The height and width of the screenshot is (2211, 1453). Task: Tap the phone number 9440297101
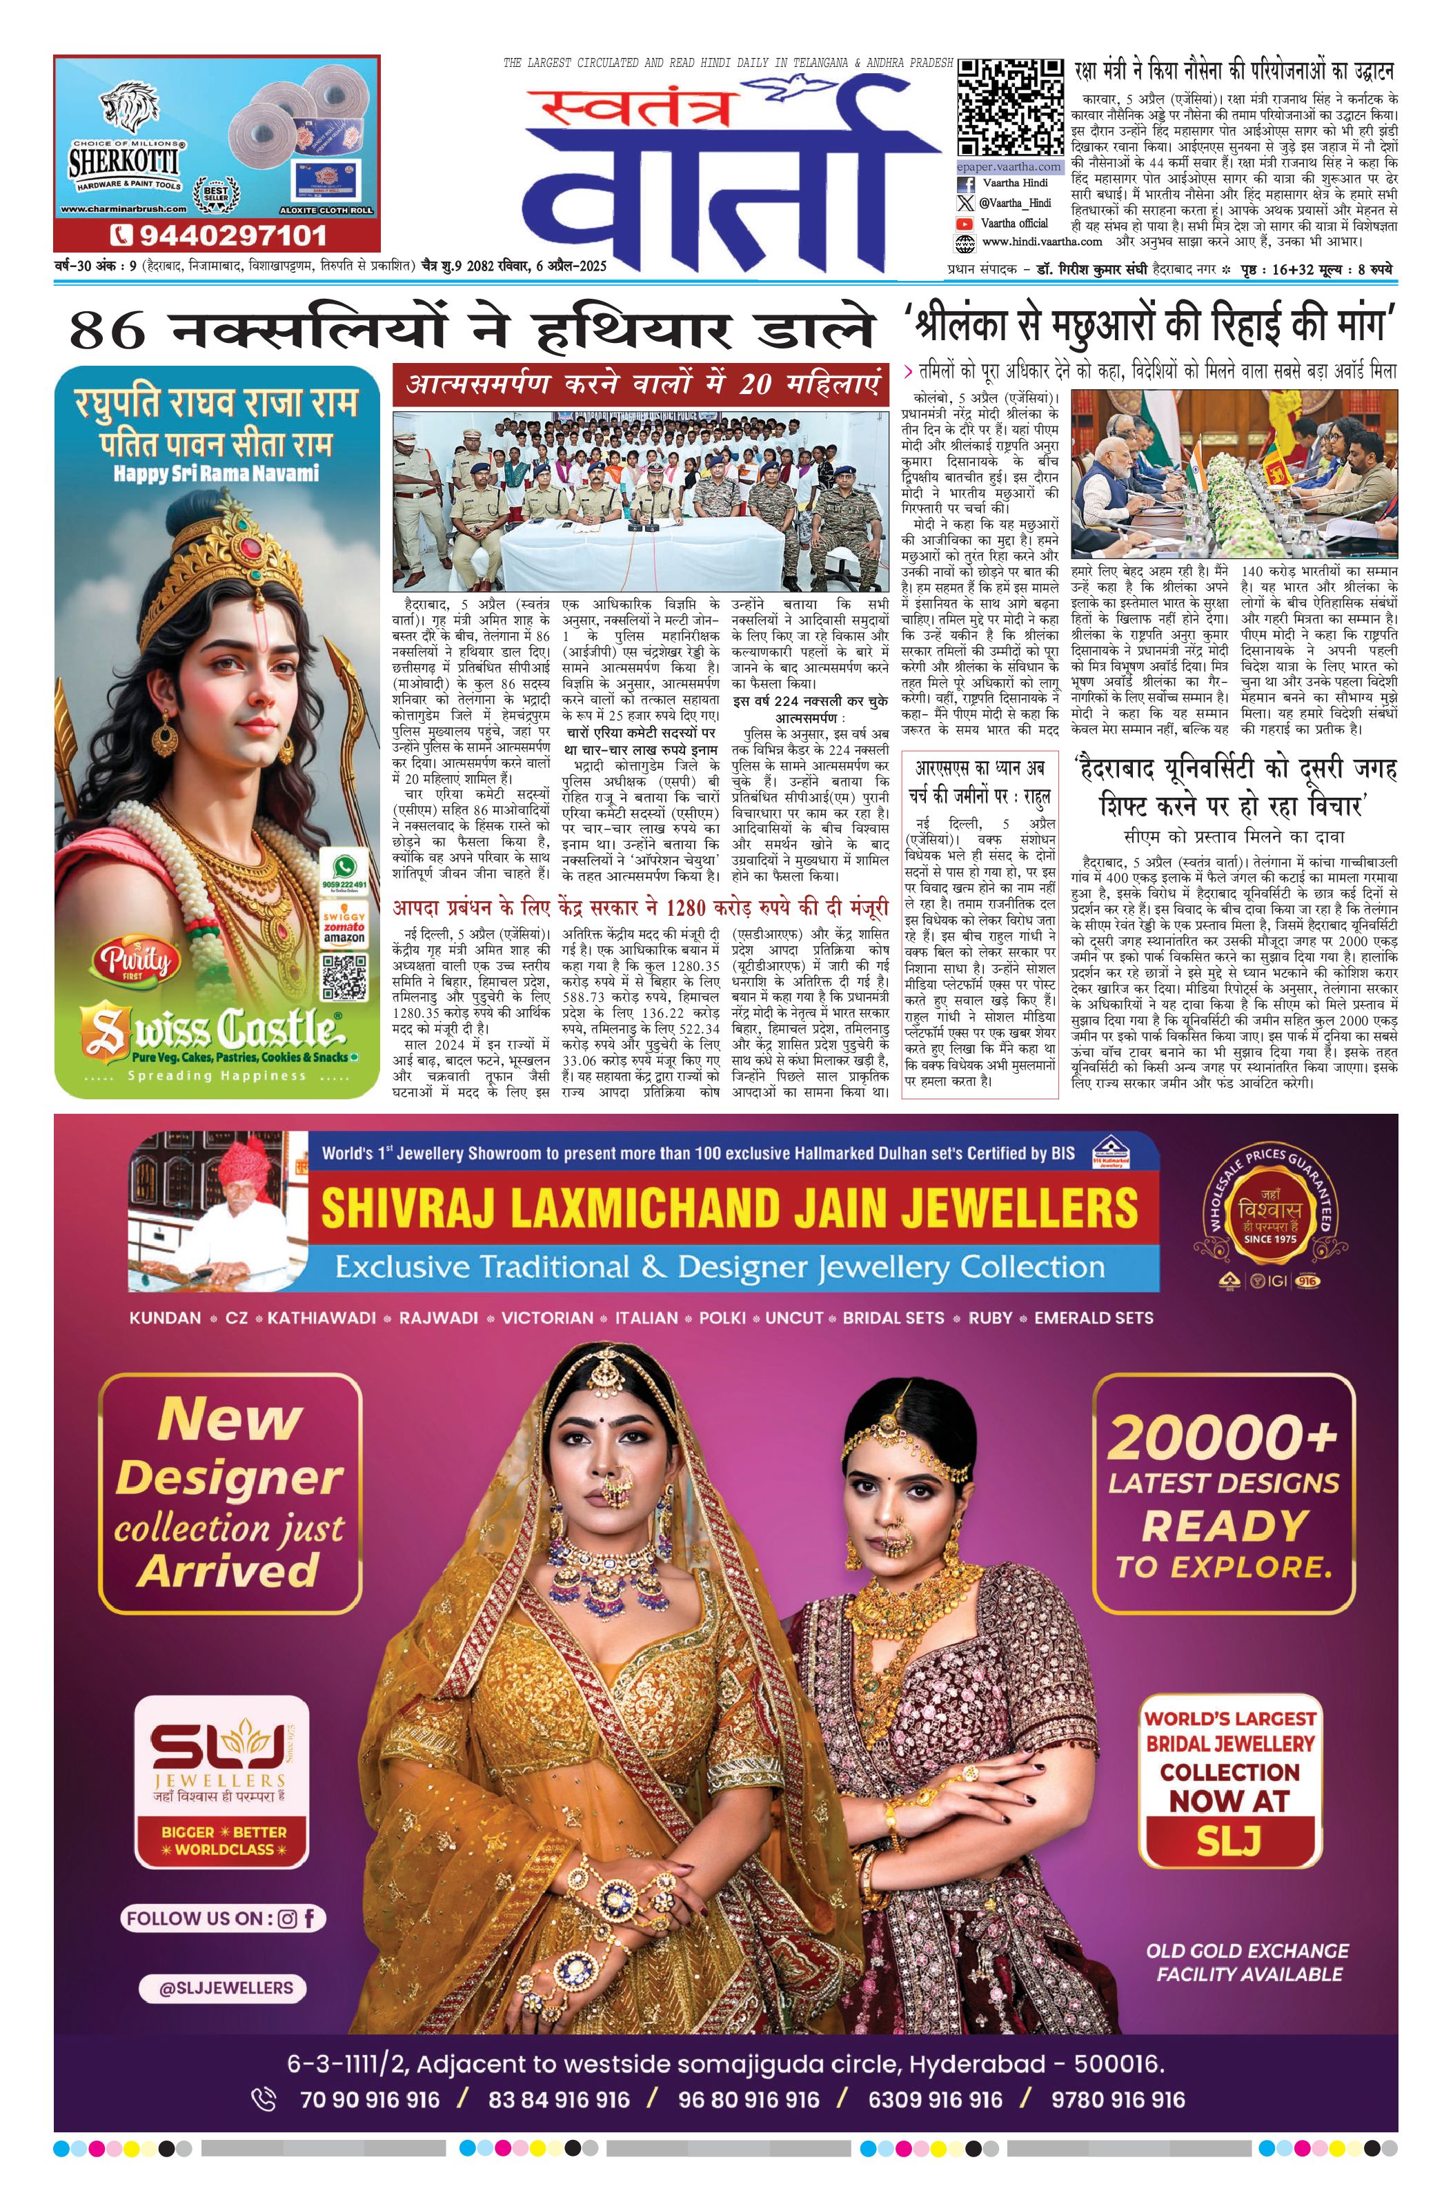217,235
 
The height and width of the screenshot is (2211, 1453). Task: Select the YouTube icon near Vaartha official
965,224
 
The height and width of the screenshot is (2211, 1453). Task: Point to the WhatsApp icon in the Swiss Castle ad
344,866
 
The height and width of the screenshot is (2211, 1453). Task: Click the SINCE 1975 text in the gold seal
1270,1239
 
